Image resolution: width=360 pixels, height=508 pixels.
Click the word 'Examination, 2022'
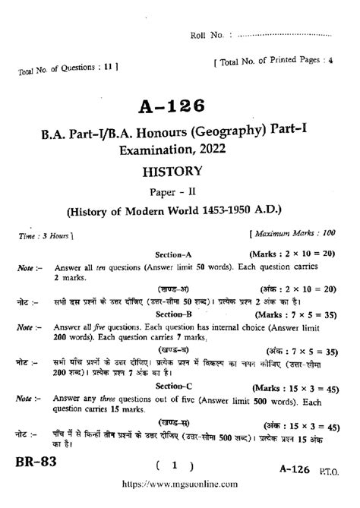pos(180,151)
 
